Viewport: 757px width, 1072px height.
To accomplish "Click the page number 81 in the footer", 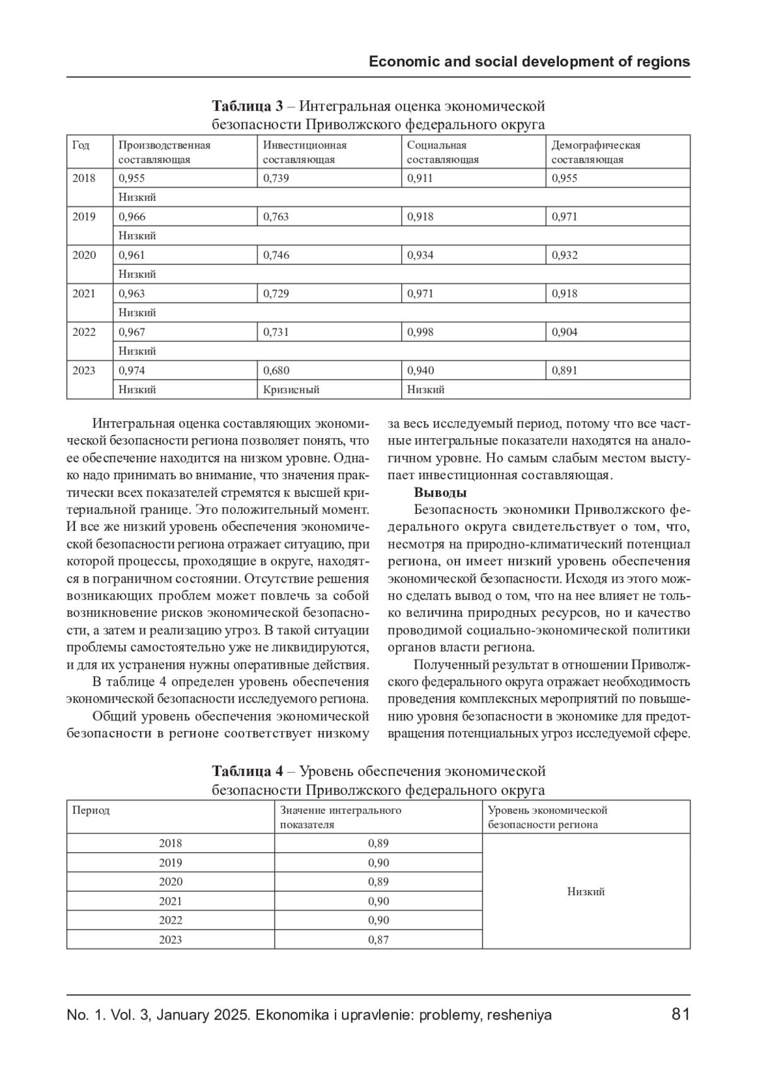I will [681, 1015].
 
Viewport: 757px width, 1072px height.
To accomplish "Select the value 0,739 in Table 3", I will [276, 178].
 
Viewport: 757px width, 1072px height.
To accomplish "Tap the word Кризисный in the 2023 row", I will [291, 390].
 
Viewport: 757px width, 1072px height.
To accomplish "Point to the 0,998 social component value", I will [420, 332].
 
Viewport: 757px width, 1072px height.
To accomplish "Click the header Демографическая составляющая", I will [596, 152].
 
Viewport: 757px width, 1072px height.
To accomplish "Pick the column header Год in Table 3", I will [81, 145].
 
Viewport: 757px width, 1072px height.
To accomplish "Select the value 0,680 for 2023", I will [276, 371].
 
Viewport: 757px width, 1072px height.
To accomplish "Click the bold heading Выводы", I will [440, 492].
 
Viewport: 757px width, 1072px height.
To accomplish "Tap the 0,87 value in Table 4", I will [378, 939].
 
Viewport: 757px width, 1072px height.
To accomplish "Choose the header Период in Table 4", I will [91, 810].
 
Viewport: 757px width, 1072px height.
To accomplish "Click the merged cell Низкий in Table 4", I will [585, 891].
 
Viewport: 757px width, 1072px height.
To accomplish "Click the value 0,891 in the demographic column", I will [565, 371].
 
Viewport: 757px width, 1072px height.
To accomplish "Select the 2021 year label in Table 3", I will [84, 294].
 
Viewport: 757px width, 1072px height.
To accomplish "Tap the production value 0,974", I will [132, 371].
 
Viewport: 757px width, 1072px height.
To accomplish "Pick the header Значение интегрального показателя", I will [341, 817].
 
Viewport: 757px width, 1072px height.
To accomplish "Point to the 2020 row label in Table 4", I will [170, 882].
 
